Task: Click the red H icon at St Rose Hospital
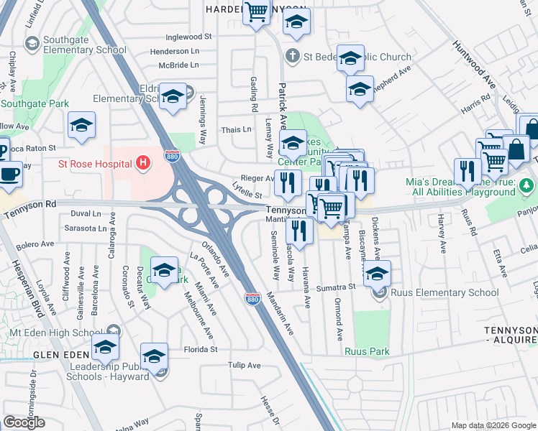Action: pyautogui.click(x=143, y=164)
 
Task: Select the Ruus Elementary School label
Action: pyautogui.click(x=444, y=292)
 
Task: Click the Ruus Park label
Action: pyautogui.click(x=367, y=351)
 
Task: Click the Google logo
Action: pyautogui.click(x=24, y=422)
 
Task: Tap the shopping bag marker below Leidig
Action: pyautogui.click(x=516, y=150)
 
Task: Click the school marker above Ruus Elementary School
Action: pyautogui.click(x=377, y=273)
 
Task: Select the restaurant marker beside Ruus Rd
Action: pyautogui.click(x=468, y=172)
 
